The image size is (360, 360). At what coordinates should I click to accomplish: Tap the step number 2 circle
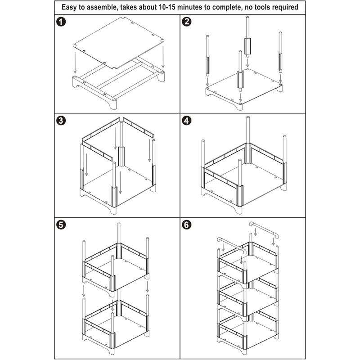186,22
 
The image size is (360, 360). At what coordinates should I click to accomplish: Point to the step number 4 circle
186,121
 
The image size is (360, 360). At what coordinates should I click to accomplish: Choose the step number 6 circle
186,224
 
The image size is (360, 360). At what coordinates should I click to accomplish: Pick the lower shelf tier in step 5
116,324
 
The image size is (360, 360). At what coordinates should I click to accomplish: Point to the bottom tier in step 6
247,331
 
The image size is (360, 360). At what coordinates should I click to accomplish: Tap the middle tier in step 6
247,297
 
